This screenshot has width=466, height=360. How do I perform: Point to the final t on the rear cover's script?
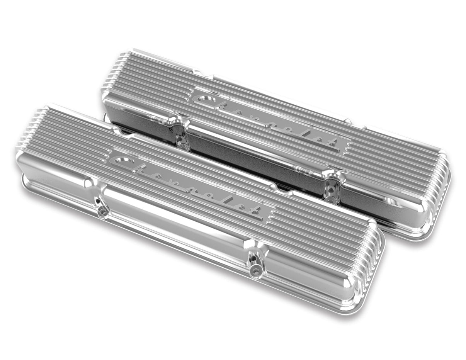point(335,143)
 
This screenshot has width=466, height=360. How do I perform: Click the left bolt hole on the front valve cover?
point(102,211)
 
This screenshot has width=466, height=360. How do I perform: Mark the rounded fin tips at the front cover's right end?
point(371,267)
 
